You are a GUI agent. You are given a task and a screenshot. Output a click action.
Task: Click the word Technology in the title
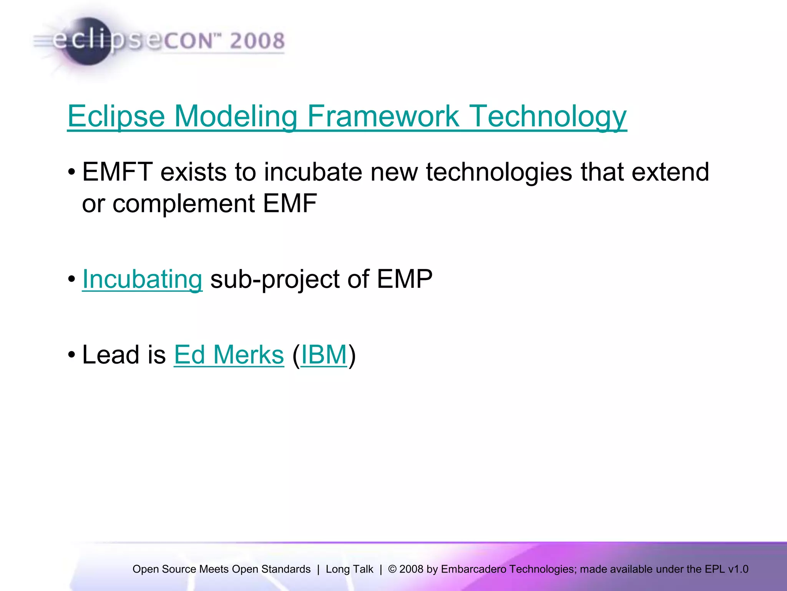548,116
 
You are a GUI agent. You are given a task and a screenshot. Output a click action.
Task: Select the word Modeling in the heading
236,116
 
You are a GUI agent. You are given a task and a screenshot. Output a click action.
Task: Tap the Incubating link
142,279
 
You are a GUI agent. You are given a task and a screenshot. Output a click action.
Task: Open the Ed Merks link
229,355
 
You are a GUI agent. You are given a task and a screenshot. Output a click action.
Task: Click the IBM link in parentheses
324,355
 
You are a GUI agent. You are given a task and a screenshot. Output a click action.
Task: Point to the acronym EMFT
117,172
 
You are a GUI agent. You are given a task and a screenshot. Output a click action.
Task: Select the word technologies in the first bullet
499,172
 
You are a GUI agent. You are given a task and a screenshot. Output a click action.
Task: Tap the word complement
183,204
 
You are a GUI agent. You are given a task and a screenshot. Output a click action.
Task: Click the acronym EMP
404,279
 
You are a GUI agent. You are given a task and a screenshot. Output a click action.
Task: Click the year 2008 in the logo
257,41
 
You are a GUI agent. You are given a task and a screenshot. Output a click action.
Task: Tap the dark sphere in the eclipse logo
88,42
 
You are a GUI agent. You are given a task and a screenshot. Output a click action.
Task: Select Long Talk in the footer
349,569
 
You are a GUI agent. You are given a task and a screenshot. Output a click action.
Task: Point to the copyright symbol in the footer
392,569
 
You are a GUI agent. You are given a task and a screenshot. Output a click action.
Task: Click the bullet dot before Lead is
72,355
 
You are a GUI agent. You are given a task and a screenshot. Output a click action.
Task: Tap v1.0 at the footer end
738,569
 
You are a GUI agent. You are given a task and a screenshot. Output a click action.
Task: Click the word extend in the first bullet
670,172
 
